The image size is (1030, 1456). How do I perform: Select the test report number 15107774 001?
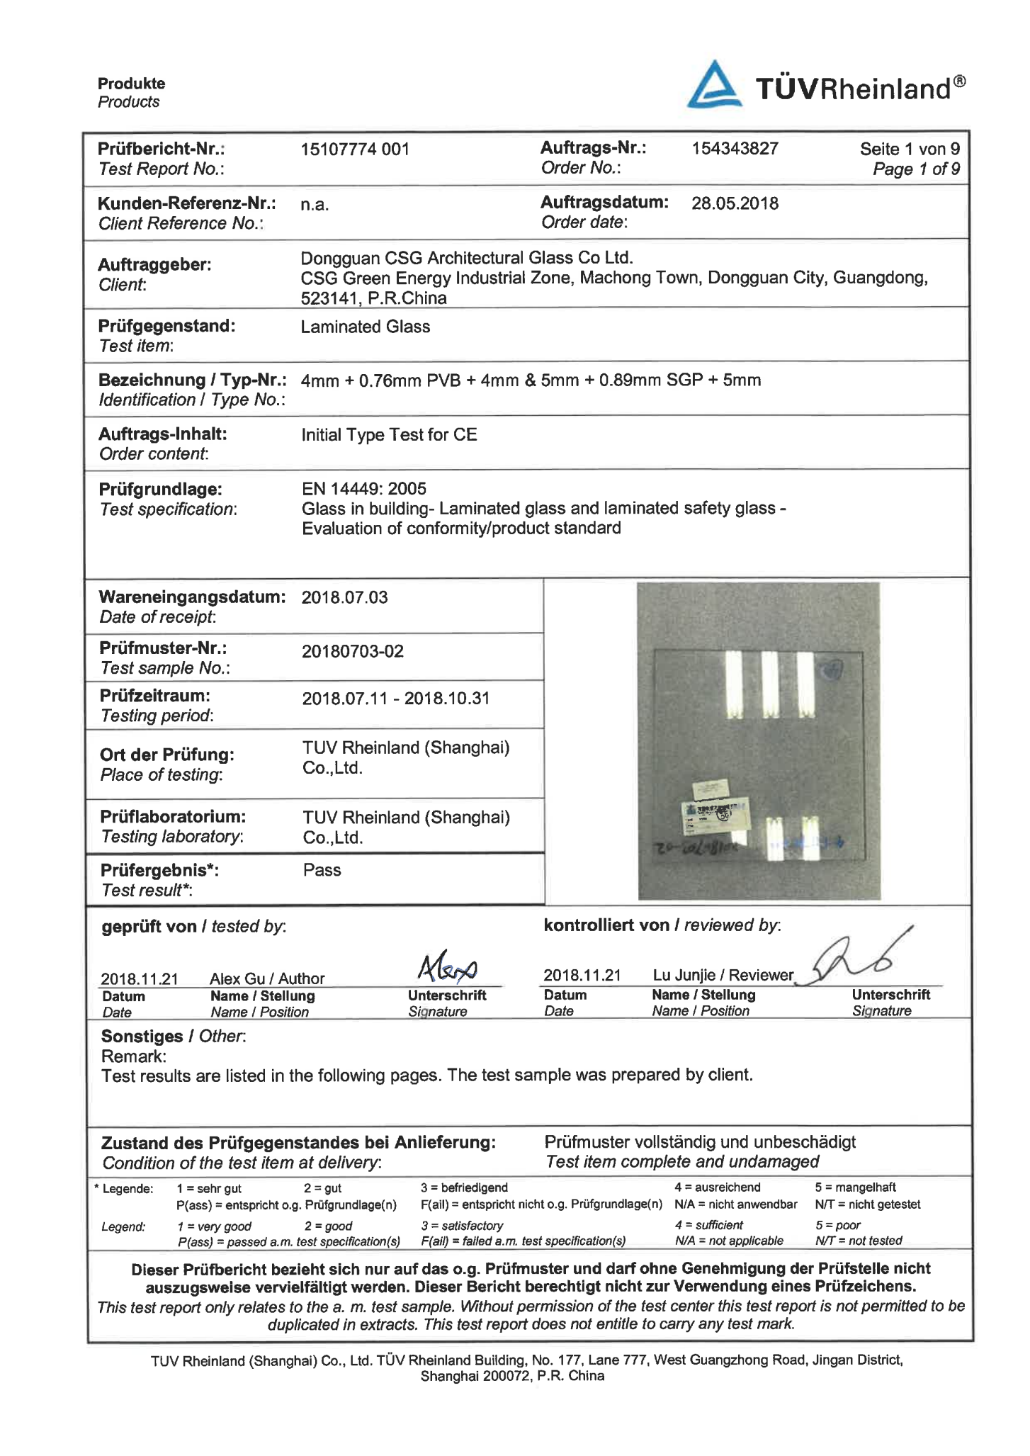[355, 149]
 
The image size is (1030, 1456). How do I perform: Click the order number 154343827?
[735, 149]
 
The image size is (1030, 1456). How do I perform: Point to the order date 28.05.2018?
[735, 204]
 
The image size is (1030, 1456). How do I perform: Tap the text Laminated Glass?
[365, 327]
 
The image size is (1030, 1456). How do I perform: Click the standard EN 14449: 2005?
[364, 489]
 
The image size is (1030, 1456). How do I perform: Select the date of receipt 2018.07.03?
[344, 597]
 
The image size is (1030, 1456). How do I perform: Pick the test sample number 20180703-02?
[352, 651]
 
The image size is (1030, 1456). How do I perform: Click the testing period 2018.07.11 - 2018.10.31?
[395, 699]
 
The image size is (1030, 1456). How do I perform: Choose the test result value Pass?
[322, 870]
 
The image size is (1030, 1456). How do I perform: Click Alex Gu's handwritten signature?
[447, 966]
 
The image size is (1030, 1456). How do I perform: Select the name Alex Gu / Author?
[267, 978]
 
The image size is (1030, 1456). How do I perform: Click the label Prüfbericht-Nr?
[162, 149]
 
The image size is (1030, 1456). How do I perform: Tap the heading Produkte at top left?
[131, 84]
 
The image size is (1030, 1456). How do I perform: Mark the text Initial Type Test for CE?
[389, 434]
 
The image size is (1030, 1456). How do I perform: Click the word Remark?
[133, 1056]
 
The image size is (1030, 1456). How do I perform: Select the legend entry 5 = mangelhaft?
[854, 1187]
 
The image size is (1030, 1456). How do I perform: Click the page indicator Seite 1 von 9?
[910, 149]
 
